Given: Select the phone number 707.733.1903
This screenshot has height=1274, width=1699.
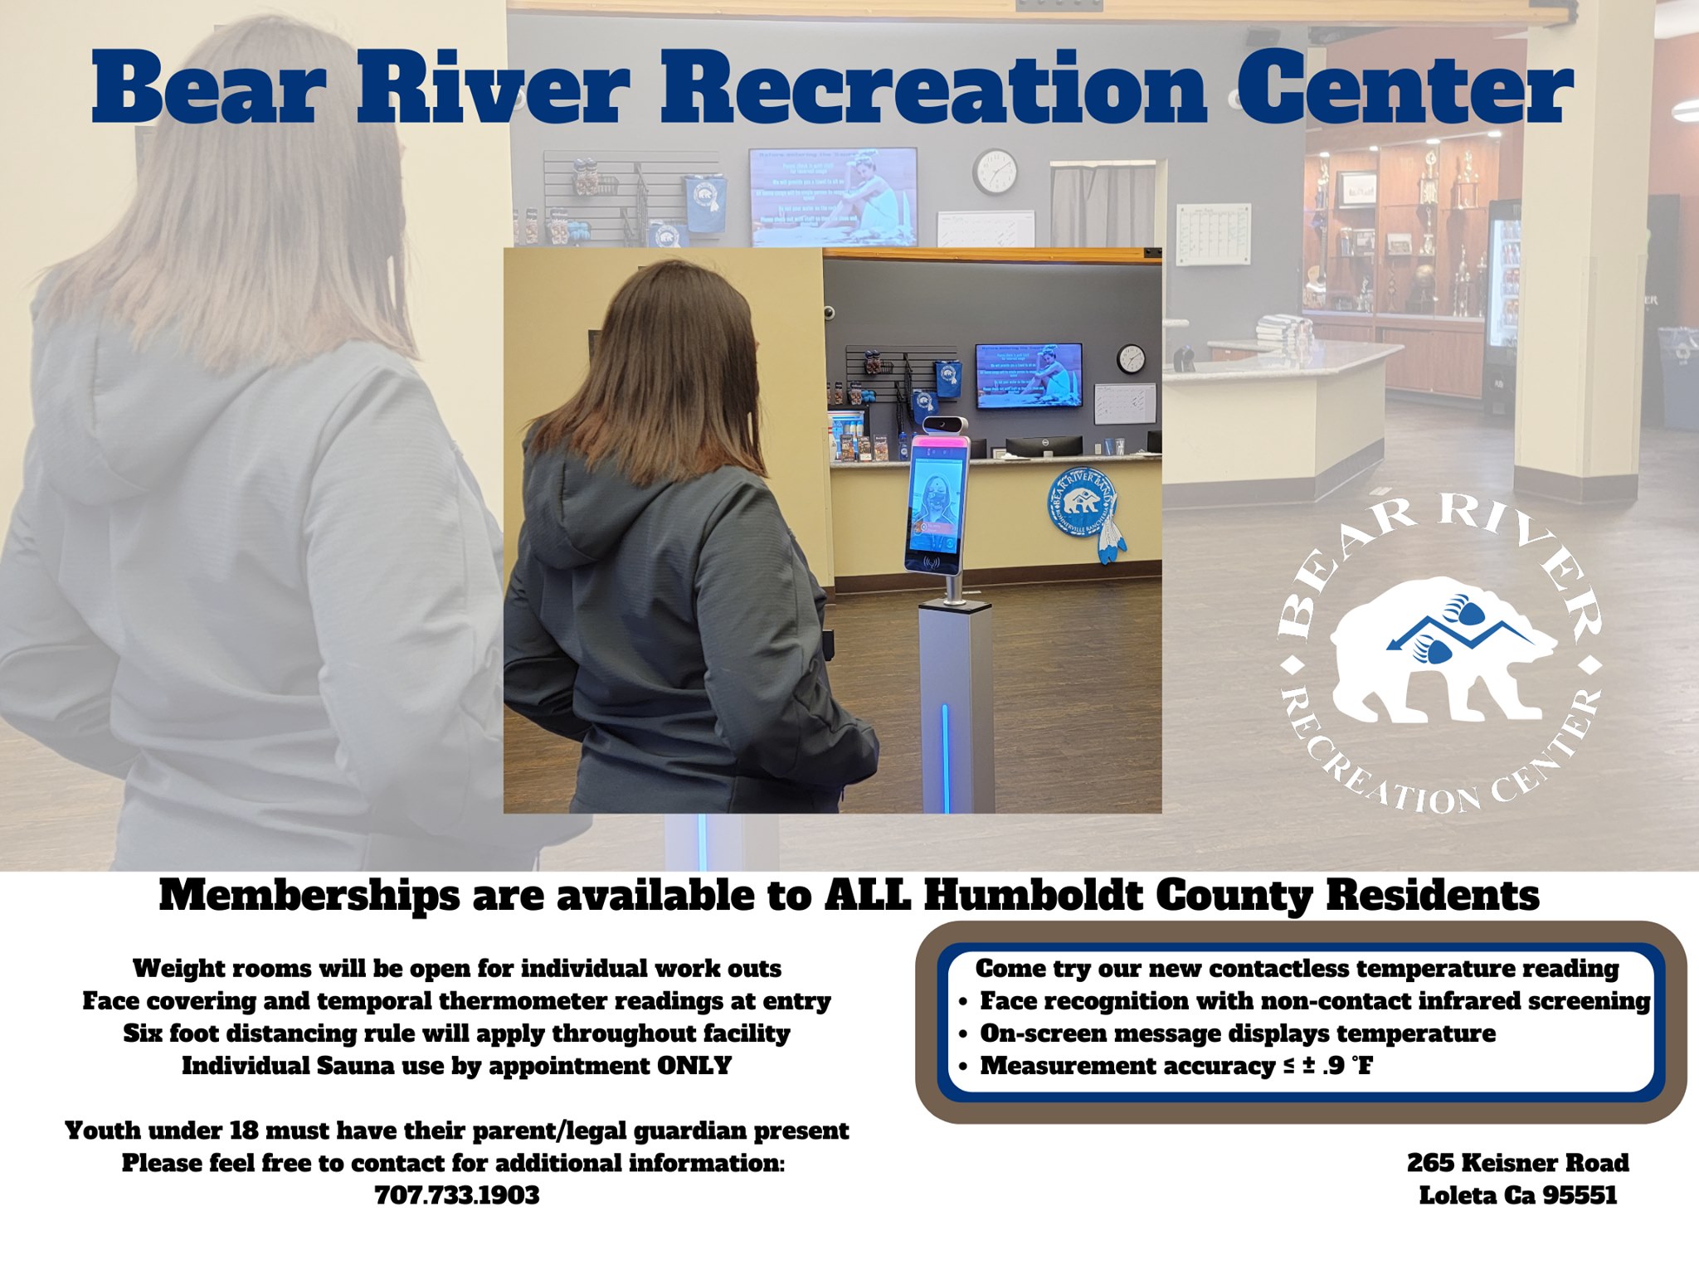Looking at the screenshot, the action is tap(457, 1195).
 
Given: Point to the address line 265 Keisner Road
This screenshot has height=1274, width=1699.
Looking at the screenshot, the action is tap(1517, 1163).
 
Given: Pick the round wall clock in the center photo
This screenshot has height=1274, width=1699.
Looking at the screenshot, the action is tap(1132, 359).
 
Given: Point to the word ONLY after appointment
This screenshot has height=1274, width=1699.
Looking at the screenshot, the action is tap(694, 1066).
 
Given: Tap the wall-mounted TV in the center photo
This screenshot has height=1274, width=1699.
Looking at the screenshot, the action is tap(1028, 376).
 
